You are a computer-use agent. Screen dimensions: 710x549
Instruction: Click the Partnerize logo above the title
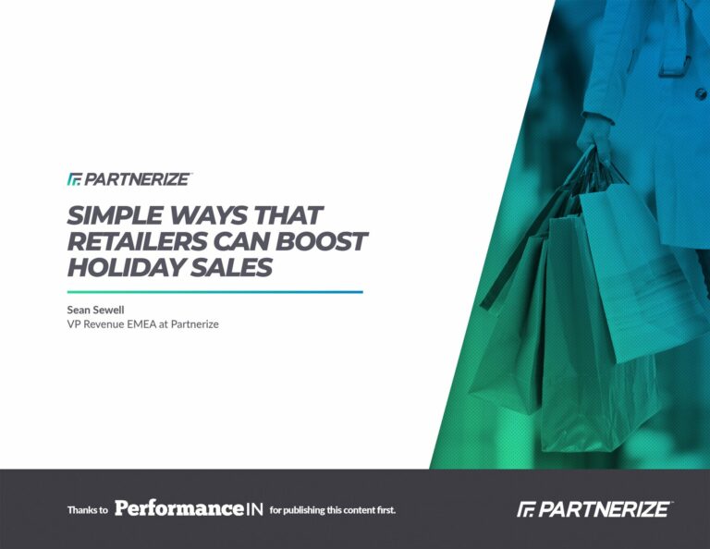tap(130, 179)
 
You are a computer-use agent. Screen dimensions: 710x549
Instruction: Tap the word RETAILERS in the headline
tap(138, 241)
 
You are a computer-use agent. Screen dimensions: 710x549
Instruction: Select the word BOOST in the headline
tap(321, 241)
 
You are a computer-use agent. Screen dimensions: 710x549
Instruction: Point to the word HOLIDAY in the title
tap(126, 267)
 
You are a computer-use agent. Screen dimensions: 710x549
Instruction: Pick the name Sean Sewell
tap(95, 310)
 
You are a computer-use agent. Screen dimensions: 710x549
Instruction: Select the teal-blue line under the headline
tap(215, 292)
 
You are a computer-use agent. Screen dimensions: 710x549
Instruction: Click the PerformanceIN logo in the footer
tap(189, 508)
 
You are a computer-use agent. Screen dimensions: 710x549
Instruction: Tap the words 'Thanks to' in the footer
tap(88, 510)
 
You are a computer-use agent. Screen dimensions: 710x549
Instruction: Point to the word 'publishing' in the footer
tap(304, 510)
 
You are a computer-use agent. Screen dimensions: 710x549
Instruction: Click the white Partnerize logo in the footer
tap(594, 508)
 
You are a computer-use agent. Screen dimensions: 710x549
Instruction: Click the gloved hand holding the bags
tap(593, 135)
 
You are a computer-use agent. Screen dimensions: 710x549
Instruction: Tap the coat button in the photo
tap(701, 94)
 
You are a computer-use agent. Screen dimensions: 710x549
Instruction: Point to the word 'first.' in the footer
tap(386, 510)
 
